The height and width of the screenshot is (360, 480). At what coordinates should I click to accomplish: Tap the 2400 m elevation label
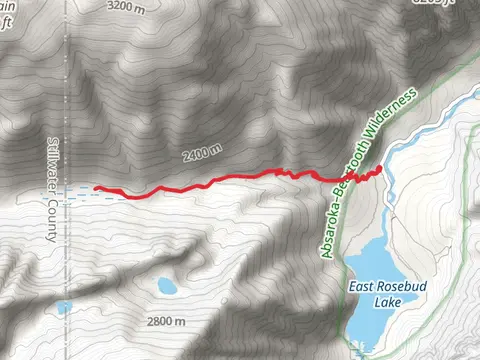202,155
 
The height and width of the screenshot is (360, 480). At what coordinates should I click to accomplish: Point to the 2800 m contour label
165,321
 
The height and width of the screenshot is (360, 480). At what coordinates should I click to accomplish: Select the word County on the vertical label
53,222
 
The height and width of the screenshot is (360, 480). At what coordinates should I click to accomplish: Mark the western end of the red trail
95,187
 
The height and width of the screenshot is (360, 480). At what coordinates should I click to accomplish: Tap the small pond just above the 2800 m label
166,287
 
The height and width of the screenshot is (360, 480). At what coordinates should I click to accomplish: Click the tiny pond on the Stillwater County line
64,307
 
